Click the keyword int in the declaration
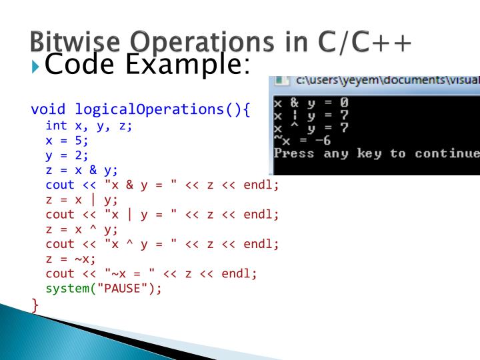tap(56, 125)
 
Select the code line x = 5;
tap(67, 141)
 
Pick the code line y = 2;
tap(67, 155)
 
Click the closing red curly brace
tap(35, 305)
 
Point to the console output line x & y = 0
tap(311, 103)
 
